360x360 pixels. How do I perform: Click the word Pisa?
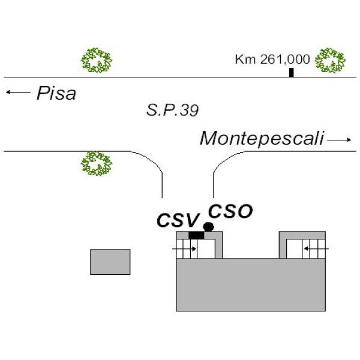click(56, 93)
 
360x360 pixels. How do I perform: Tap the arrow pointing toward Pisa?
click(18, 92)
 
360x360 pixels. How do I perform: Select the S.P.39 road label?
click(172, 110)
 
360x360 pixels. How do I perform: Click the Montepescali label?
click(262, 139)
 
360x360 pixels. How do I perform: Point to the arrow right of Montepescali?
click(339, 140)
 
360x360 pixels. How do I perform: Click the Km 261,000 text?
click(272, 59)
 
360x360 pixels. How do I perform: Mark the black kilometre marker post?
click(292, 73)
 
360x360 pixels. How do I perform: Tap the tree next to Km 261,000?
click(330, 60)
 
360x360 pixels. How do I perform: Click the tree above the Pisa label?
click(97, 60)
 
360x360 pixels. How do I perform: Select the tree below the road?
click(97, 163)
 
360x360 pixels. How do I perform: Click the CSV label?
click(178, 220)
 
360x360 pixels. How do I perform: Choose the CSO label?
click(230, 211)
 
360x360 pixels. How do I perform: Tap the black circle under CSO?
click(208, 227)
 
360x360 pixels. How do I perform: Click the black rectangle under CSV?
click(196, 235)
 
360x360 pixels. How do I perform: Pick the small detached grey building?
click(110, 262)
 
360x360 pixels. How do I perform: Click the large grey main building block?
click(251, 284)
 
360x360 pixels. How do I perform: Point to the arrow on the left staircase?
click(184, 249)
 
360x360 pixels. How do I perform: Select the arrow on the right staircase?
click(317, 248)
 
